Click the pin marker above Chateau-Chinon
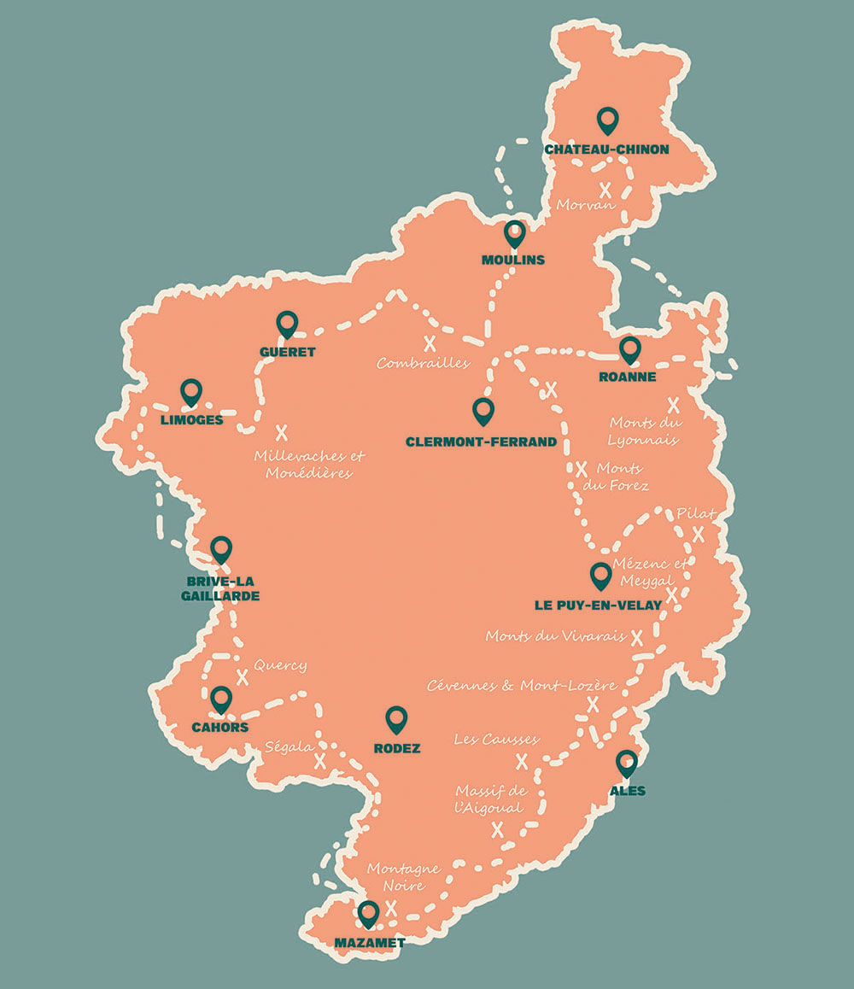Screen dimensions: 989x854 [607, 120]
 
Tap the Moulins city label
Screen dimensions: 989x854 [512, 260]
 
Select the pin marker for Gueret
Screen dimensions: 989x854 [287, 324]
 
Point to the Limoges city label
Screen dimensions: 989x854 [191, 420]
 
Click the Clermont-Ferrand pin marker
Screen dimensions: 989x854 [483, 411]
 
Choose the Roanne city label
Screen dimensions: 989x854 [628, 377]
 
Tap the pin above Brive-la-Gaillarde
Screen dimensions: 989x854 [221, 549]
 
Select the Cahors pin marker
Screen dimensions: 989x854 [221, 699]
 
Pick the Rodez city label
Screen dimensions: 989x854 [397, 748]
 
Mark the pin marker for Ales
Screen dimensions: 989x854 [627, 763]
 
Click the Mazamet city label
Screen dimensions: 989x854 [369, 943]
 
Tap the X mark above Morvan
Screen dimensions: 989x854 [605, 190]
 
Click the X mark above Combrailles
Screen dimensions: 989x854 [430, 343]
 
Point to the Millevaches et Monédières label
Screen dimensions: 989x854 [308, 464]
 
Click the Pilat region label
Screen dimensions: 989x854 [695, 513]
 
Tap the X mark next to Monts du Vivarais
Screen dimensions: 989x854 [636, 636]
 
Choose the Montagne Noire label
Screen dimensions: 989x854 [403, 876]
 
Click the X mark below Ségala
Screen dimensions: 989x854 [320, 761]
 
